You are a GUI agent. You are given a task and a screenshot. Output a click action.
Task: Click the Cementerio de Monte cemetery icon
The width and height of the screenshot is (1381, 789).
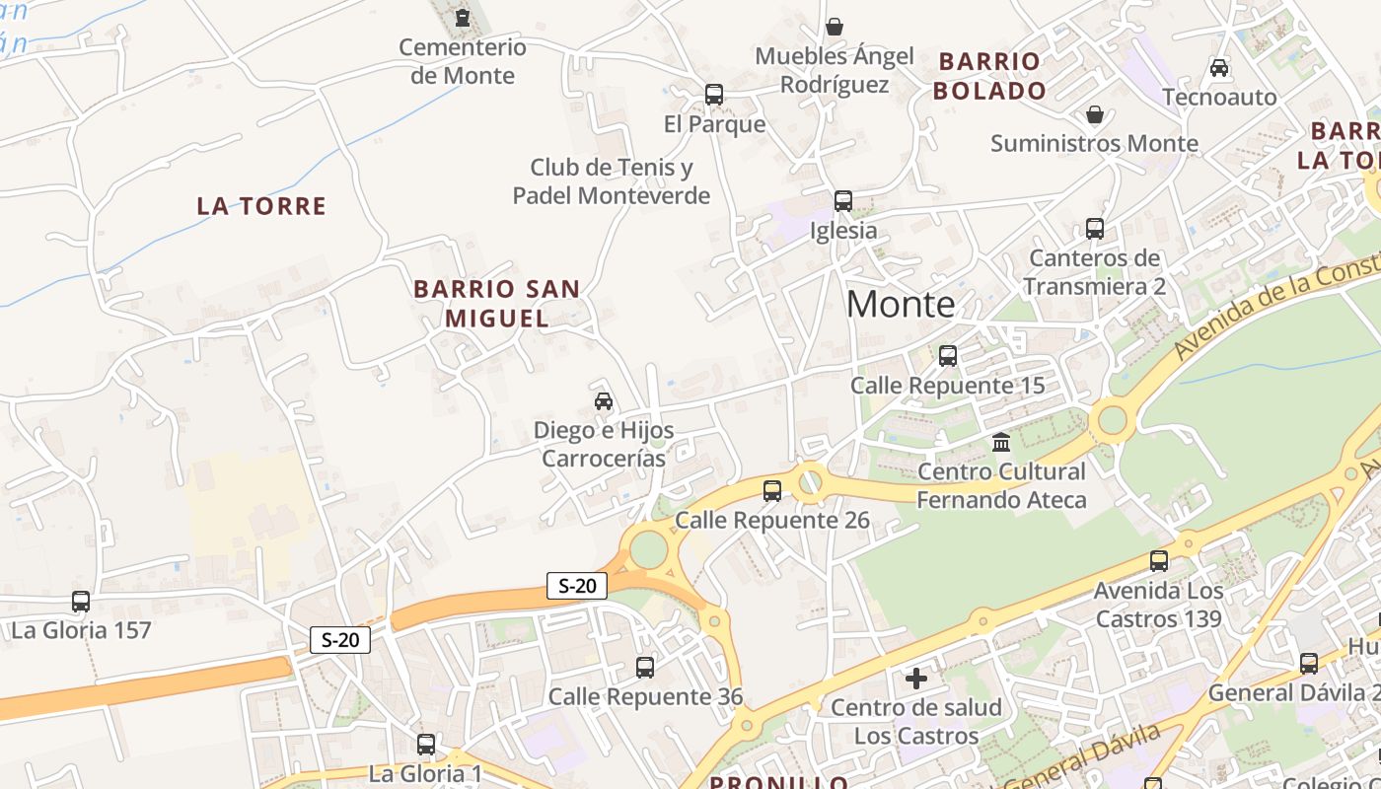(462, 18)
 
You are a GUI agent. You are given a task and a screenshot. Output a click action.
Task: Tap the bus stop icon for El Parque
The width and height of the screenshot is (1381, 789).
(714, 95)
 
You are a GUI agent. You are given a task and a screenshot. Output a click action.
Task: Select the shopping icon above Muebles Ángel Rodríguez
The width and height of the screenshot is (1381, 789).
(835, 26)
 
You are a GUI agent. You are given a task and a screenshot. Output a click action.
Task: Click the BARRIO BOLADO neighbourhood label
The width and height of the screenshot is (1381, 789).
(989, 76)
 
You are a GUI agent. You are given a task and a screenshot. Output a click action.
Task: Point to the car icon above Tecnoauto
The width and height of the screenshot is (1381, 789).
(1219, 68)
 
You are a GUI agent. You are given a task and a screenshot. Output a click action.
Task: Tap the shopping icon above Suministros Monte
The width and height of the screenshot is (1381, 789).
(1094, 114)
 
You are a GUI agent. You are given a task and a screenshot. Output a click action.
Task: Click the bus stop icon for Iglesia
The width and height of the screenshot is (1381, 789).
(843, 201)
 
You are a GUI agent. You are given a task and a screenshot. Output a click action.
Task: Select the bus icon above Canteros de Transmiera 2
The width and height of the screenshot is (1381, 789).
(1095, 229)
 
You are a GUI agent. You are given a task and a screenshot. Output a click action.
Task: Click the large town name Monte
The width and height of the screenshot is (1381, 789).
(901, 305)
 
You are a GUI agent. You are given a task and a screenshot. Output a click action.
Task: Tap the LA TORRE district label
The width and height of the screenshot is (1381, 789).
(261, 206)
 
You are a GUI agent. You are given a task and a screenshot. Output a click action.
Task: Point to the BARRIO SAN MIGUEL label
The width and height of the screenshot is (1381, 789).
(497, 303)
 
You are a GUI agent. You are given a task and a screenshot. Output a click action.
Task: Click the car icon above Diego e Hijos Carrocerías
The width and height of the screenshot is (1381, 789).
(604, 401)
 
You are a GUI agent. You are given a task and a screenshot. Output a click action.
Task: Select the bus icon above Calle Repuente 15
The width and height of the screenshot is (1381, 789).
(948, 356)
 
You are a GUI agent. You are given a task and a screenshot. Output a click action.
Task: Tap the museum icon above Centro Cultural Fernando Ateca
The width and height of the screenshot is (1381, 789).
(1002, 442)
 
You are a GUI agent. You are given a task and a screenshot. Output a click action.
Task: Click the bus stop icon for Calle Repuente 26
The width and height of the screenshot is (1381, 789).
(772, 490)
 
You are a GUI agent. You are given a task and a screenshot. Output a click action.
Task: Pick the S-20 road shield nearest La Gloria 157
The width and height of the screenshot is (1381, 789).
(340, 639)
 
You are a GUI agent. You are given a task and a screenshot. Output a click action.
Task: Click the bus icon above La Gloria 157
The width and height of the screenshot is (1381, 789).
(81, 602)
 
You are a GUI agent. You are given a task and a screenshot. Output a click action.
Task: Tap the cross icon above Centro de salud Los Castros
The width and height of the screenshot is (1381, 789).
(916, 679)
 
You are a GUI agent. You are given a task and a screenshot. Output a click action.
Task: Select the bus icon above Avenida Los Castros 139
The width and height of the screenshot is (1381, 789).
(1159, 561)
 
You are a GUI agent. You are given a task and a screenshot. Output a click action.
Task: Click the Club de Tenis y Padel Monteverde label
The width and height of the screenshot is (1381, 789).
(611, 181)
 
